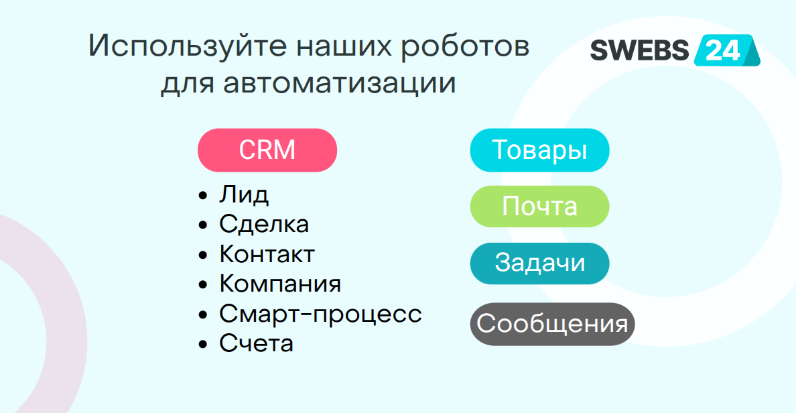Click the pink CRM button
pyautogui.click(x=267, y=150)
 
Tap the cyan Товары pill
pyautogui.click(x=539, y=150)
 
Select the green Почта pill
pyautogui.click(x=539, y=206)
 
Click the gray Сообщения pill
pyautogui.click(x=551, y=324)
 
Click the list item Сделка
pyautogui.click(x=264, y=224)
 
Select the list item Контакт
pyautogui.click(x=267, y=254)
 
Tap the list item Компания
pyautogui.click(x=280, y=284)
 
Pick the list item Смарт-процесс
pyautogui.click(x=320, y=314)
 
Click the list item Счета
pyautogui.click(x=256, y=344)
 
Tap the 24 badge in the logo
pyautogui.click(x=724, y=51)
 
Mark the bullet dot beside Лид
pyautogui.click(x=204, y=196)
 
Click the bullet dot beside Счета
pyautogui.click(x=204, y=345)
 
